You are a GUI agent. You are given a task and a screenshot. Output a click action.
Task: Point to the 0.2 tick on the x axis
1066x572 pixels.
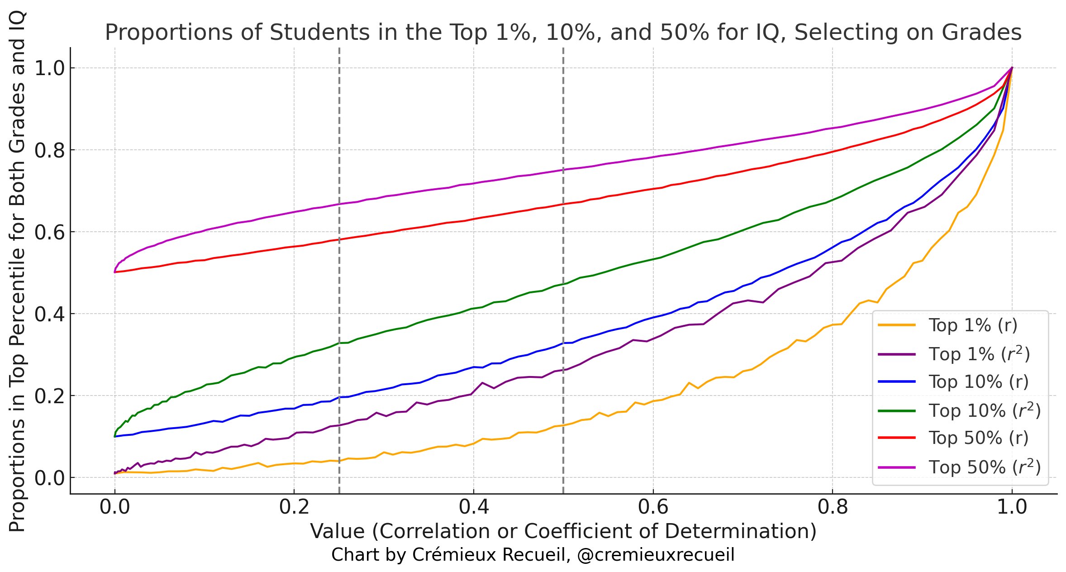[294, 507]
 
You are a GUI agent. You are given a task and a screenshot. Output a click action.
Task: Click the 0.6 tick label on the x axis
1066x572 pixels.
[653, 507]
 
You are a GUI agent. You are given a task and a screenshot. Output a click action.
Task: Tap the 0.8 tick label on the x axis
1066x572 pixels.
[833, 507]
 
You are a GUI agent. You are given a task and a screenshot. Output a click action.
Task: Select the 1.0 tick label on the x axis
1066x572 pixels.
[1012, 507]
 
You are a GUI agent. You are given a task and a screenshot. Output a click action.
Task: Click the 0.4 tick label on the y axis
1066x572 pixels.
[49, 314]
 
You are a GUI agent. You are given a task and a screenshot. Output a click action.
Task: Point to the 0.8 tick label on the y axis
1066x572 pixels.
[49, 150]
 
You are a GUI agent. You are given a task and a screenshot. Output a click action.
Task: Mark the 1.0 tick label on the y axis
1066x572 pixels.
[49, 68]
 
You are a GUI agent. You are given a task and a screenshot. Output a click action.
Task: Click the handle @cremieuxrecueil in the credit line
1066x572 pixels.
[656, 555]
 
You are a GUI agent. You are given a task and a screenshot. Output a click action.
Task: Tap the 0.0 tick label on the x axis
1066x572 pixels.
[114, 507]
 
